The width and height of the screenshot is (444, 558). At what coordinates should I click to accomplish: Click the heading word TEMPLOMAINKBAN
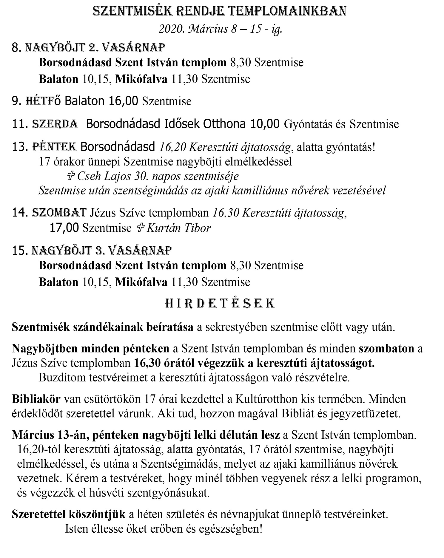point(289,11)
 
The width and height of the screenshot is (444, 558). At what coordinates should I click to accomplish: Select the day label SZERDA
point(55,124)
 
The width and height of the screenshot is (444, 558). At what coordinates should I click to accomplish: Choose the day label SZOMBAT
point(59,213)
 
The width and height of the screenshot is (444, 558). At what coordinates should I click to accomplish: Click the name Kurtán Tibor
point(179,228)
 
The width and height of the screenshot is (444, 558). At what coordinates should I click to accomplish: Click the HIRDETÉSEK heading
point(220,304)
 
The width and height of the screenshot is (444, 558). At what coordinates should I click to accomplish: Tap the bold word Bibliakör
point(36,399)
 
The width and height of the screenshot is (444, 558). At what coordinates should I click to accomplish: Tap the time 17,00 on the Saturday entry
point(64,228)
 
